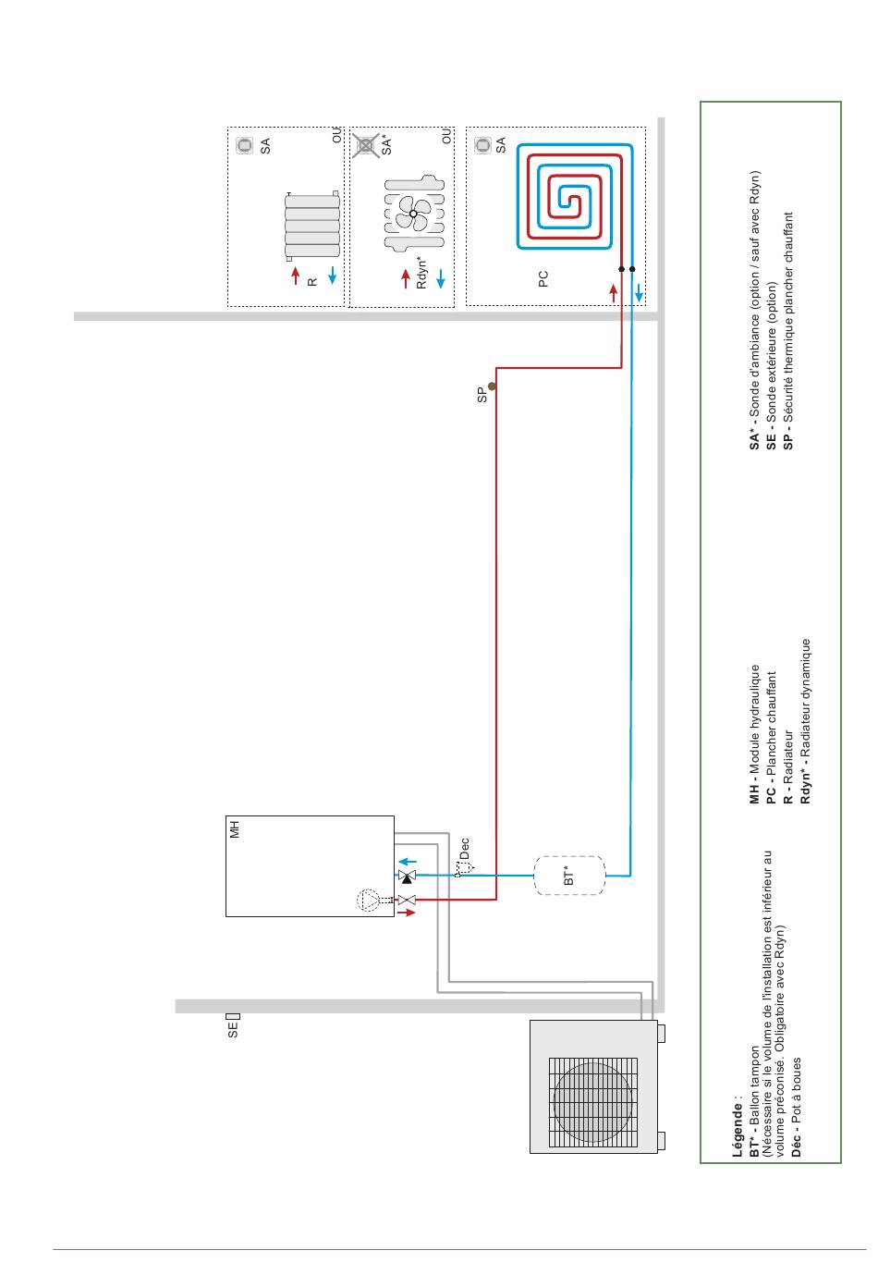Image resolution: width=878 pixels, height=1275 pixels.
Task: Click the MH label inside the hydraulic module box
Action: [x=235, y=829]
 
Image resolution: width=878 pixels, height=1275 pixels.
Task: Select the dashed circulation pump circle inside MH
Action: [x=368, y=900]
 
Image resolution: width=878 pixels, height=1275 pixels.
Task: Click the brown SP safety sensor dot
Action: [x=492, y=386]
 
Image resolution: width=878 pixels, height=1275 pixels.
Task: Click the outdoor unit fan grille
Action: [x=593, y=1102]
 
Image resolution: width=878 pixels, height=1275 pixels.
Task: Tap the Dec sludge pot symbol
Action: [x=464, y=868]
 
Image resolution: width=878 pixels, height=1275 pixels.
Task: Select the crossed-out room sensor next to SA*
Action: [x=365, y=145]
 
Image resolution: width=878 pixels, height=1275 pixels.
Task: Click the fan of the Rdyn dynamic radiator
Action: [x=414, y=214]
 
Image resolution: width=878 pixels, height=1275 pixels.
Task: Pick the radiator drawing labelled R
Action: [x=312, y=226]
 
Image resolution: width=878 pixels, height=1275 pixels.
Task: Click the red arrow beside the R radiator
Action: [x=296, y=276]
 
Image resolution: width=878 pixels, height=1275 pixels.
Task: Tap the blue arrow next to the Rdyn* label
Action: [x=441, y=278]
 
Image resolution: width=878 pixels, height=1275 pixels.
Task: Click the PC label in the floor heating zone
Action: [x=543, y=279]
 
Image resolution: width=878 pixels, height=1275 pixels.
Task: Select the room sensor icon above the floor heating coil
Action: [x=483, y=145]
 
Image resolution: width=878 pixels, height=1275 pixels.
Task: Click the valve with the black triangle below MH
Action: [x=407, y=876]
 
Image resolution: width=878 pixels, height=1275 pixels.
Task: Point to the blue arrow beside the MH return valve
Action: [x=408, y=862]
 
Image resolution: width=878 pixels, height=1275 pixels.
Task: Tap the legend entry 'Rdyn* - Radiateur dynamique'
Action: [x=805, y=721]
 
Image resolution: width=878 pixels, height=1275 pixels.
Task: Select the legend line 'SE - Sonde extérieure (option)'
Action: [x=771, y=366]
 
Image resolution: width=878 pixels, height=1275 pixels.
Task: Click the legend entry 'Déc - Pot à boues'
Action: [x=796, y=1107]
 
